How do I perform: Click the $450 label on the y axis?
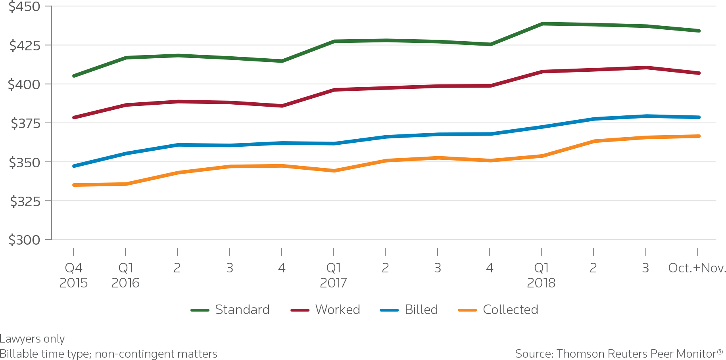tap(24, 7)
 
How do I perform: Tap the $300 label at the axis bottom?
tap(24, 240)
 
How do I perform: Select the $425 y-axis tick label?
tap(25, 46)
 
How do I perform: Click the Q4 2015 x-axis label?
tap(73, 275)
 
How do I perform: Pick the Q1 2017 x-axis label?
tap(333, 275)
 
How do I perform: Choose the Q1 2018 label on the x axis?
tap(541, 275)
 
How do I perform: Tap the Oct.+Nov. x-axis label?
tap(696, 268)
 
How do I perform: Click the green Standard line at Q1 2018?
tap(542, 24)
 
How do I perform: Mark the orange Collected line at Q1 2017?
tap(334, 171)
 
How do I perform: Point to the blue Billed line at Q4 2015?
tap(74, 166)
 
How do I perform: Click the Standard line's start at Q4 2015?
tap(74, 76)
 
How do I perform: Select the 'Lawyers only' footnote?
tap(32, 339)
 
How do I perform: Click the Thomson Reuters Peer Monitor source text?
tap(619, 354)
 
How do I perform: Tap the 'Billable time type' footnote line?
tap(108, 354)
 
